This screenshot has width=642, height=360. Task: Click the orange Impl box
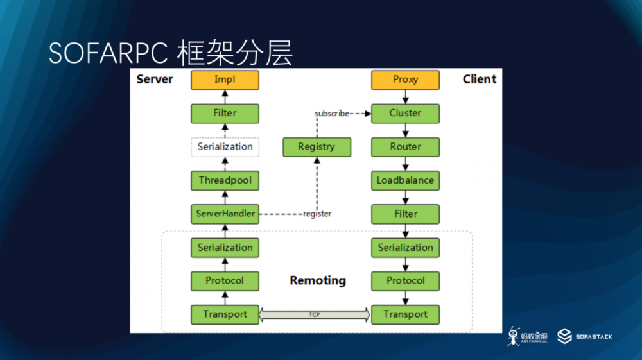[225, 80]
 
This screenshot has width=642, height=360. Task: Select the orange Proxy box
[405, 80]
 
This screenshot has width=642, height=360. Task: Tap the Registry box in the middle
[317, 147]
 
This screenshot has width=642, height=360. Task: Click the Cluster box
[405, 114]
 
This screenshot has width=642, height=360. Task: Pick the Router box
[405, 147]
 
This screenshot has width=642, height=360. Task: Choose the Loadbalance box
[405, 180]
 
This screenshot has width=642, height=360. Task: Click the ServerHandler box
[225, 214]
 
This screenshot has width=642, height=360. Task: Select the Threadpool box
[225, 180]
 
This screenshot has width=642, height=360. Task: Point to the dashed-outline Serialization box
[225, 147]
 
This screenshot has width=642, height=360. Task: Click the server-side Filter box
[225, 114]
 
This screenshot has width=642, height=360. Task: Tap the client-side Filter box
[405, 214]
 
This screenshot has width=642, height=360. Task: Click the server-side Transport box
[225, 314]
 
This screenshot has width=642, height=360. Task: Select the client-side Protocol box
[405, 281]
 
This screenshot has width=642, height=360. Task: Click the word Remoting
[317, 280]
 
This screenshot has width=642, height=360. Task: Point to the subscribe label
[331, 114]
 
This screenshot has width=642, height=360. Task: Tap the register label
[317, 214]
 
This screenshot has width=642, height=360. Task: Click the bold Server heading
[155, 79]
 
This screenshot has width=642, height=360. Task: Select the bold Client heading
[479, 79]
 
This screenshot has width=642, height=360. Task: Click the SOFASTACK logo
[584, 336]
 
